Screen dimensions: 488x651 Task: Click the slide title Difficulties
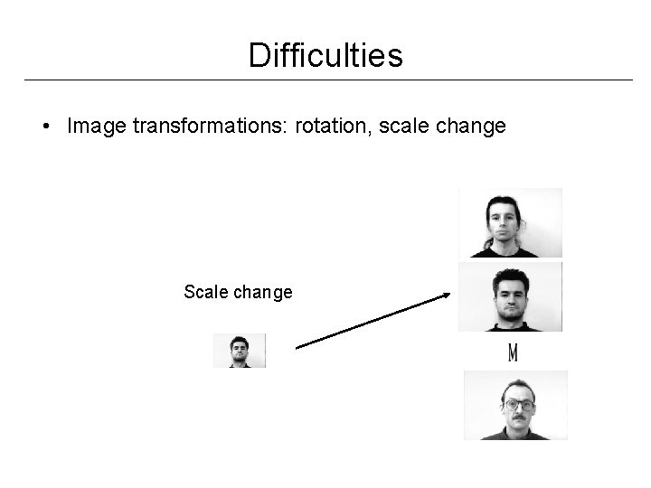click(325, 56)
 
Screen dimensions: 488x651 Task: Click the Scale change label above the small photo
click(238, 292)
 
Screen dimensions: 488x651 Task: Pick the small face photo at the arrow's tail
click(240, 351)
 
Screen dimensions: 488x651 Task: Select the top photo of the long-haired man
click(510, 222)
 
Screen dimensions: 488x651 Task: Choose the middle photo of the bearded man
click(511, 296)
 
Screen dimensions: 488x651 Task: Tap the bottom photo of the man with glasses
click(515, 405)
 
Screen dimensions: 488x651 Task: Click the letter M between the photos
click(513, 352)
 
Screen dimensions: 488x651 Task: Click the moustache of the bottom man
click(518, 420)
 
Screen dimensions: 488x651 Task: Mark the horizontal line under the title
click(325, 80)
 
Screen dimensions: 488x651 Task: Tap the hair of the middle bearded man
click(508, 276)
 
